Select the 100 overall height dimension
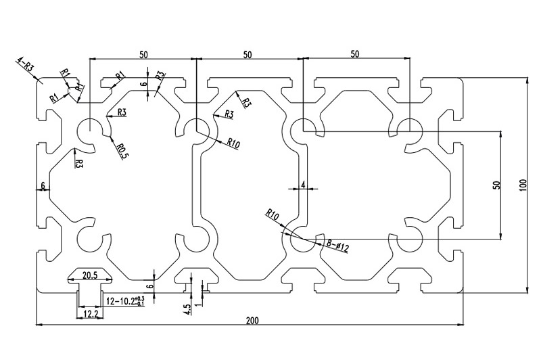click(x=522, y=185)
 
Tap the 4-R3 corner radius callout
click(x=26, y=66)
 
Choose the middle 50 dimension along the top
click(x=248, y=53)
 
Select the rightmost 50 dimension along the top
click(x=355, y=53)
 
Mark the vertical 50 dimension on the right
click(x=495, y=184)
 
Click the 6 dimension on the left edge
click(x=43, y=185)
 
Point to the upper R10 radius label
click(x=234, y=143)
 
